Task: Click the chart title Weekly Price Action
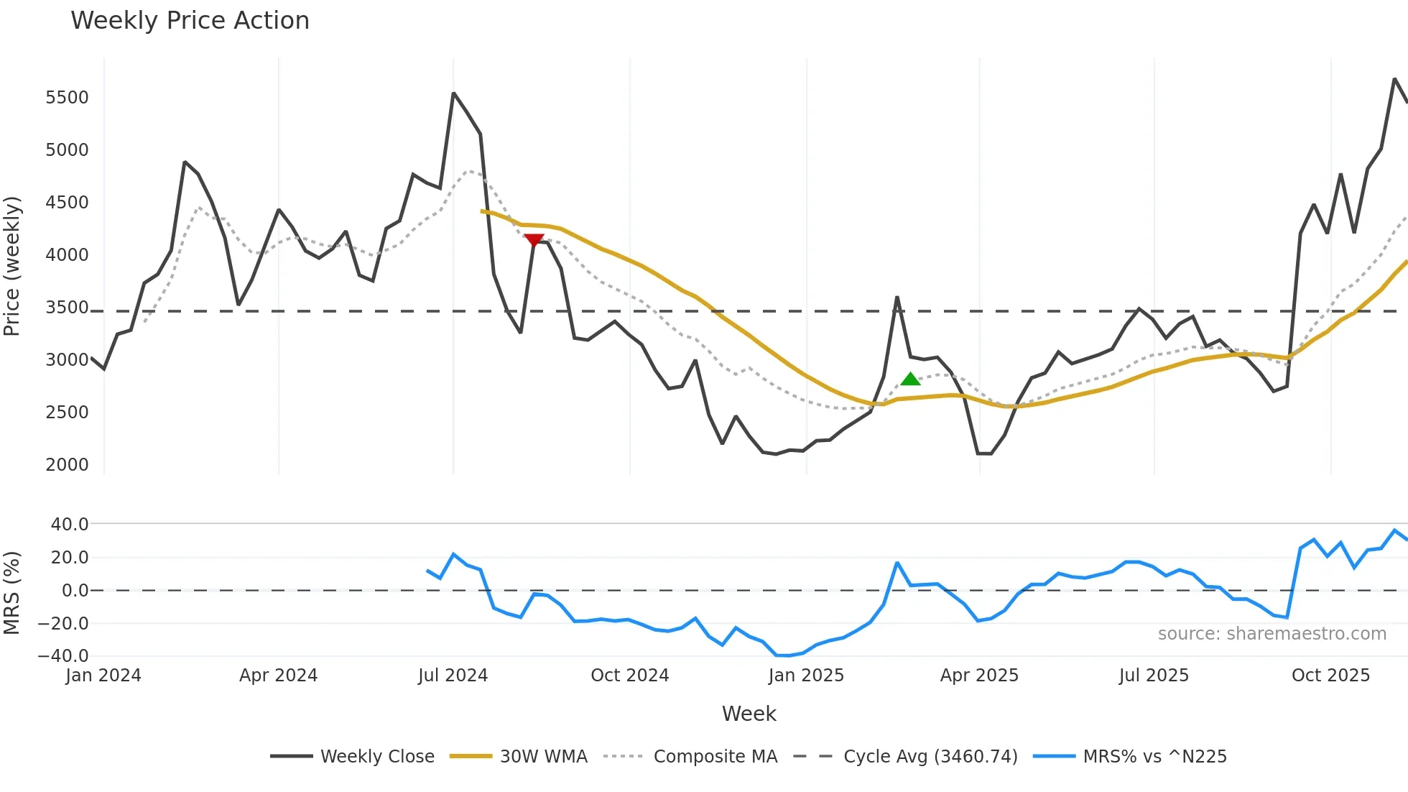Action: coord(190,21)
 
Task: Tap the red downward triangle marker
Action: coord(534,240)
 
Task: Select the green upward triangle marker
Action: coord(910,379)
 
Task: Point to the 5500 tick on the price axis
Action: coord(67,98)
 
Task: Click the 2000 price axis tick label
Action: coord(67,465)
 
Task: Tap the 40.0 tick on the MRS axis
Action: coord(70,525)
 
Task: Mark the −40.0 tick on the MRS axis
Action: coord(63,656)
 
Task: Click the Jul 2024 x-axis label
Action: coord(453,676)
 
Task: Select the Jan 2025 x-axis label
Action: coord(806,676)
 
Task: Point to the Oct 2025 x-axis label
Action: coord(1330,676)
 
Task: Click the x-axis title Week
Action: coord(749,714)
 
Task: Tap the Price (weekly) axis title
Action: coord(11,266)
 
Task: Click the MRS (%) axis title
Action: coord(11,593)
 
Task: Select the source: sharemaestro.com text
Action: coord(1272,634)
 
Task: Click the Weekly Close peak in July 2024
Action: coord(453,93)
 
